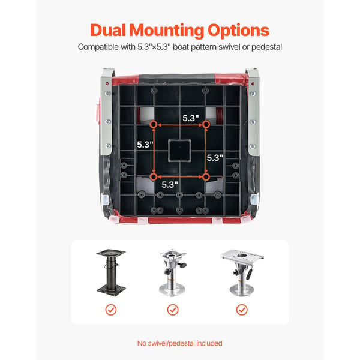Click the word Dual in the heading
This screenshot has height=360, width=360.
coord(108,30)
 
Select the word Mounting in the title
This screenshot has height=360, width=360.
coord(166,31)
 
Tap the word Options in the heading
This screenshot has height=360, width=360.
coord(238,31)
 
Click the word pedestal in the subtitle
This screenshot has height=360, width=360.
coord(266,47)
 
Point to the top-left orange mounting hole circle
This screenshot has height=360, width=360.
coord(154,125)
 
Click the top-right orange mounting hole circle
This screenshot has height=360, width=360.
coord(206,125)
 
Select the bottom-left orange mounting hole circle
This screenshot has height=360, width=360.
coord(154,177)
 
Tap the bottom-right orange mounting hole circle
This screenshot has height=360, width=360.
coord(206,177)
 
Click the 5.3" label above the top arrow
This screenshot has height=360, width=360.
coord(191,118)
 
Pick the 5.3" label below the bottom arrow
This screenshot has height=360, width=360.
coord(170,185)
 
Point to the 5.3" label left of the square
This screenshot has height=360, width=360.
coord(145,145)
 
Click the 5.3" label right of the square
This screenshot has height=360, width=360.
coord(215,158)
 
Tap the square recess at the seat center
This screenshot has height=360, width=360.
coord(180,150)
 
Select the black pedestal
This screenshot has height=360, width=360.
coord(111,272)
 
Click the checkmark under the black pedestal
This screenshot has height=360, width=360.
coord(111,310)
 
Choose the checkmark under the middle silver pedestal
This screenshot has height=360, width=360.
coord(173,310)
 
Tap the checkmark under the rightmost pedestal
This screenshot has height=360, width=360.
coord(242,310)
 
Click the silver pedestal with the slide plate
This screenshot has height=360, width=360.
coord(242,272)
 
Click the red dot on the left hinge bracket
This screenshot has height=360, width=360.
coord(107,84)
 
